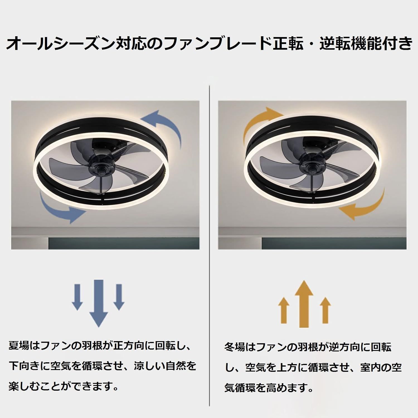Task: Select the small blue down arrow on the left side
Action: (77, 297)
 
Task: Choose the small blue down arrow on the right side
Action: (119, 297)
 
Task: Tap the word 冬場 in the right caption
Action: (235, 347)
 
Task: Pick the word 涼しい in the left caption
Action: (149, 366)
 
